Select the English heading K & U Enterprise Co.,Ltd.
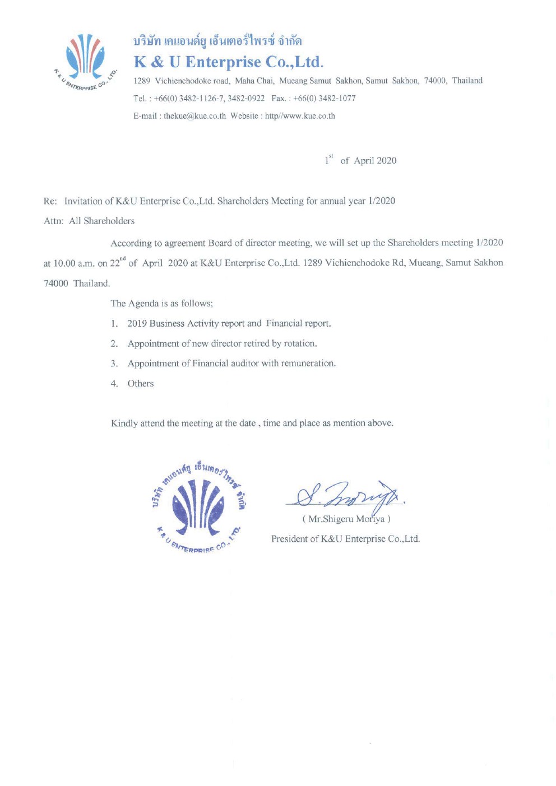(228, 62)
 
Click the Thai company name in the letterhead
(217, 41)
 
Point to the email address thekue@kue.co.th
(194, 116)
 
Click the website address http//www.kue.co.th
(300, 116)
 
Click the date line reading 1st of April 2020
(360, 160)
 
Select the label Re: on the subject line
(50, 201)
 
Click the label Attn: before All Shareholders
(54, 221)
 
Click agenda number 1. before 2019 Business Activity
(114, 324)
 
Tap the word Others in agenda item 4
(141, 384)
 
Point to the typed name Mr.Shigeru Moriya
(346, 519)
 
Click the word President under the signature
(289, 539)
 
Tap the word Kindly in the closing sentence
(124, 424)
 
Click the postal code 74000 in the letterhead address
(435, 81)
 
